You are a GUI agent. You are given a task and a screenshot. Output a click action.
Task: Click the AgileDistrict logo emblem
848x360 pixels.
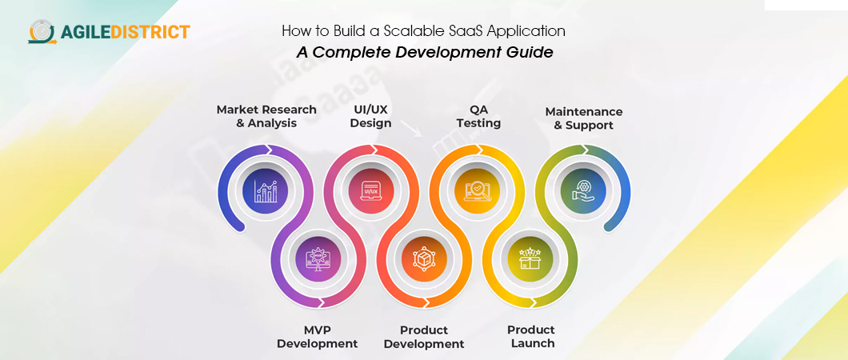click(x=42, y=31)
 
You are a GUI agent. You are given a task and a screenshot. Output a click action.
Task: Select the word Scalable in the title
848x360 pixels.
click(x=408, y=31)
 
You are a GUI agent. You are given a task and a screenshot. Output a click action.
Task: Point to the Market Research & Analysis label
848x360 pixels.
click(x=266, y=116)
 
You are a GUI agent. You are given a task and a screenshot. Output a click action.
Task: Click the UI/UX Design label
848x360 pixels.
click(x=370, y=116)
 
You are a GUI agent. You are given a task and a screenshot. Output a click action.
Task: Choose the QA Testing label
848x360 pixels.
click(x=478, y=116)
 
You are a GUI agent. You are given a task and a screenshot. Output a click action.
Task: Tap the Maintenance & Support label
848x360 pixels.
click(x=583, y=118)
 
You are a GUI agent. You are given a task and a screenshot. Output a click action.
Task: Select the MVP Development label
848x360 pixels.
click(x=318, y=337)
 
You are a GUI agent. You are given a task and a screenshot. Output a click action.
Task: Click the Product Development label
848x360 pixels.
click(x=424, y=337)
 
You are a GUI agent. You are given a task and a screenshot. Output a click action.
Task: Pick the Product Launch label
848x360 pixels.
click(x=530, y=337)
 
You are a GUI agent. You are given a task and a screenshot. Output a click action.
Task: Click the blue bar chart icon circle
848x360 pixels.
click(x=265, y=190)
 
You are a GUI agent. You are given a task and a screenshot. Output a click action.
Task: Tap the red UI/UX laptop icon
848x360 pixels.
click(x=370, y=190)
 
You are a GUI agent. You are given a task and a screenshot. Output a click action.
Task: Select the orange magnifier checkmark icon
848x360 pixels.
click(x=477, y=190)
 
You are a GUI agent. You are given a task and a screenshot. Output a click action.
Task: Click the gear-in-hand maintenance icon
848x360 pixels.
click(x=583, y=190)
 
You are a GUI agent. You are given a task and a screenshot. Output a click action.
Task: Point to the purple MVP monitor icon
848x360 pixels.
click(x=318, y=259)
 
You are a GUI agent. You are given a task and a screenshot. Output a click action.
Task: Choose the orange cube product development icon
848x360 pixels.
click(x=424, y=259)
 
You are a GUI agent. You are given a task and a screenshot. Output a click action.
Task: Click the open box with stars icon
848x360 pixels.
click(x=530, y=259)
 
